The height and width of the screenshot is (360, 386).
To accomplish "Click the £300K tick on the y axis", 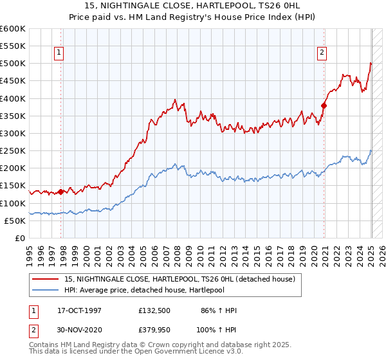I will [13, 133].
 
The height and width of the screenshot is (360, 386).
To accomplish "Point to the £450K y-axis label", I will [13, 81].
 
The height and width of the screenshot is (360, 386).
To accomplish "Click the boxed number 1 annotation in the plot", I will [59, 53].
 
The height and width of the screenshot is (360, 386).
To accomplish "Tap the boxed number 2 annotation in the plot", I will [322, 53].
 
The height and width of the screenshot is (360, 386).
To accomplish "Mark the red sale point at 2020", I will [324, 105].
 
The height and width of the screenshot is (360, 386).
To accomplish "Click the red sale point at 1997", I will [61, 192].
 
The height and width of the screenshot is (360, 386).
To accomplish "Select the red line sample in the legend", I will [46, 279].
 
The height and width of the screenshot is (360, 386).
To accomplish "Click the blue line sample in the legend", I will [46, 290].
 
